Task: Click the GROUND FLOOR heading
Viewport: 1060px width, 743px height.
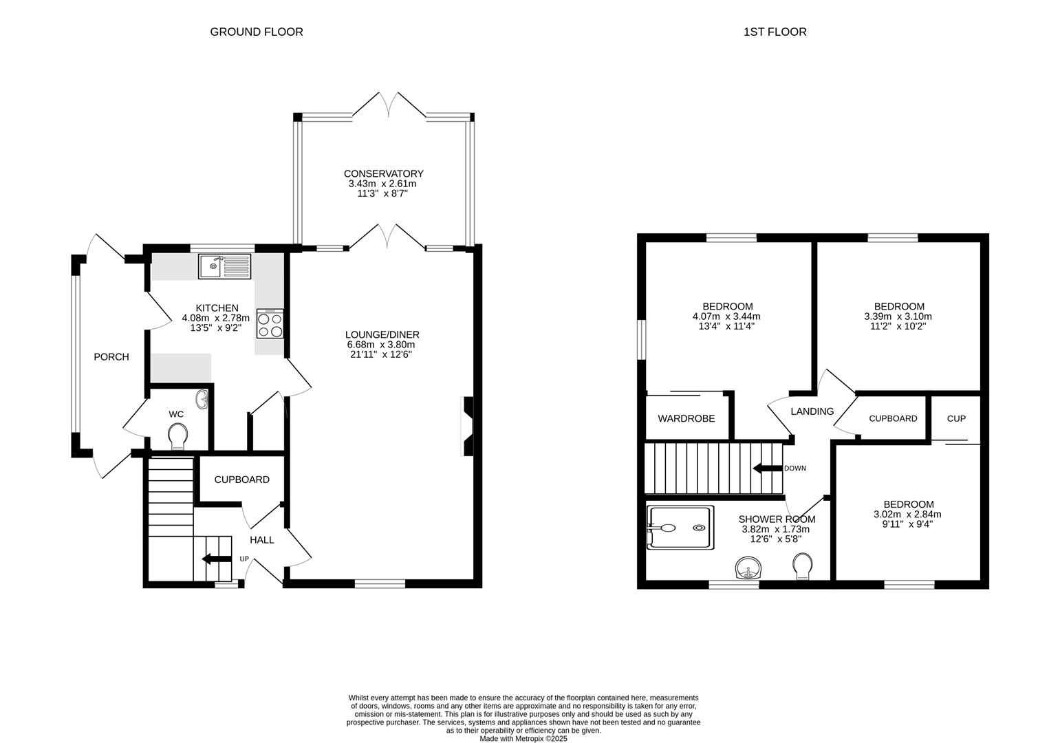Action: click(x=257, y=32)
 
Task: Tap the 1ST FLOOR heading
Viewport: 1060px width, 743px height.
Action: click(x=775, y=32)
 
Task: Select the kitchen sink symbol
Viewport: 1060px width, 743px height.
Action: click(x=224, y=266)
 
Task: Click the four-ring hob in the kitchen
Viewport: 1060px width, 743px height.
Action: click(x=270, y=324)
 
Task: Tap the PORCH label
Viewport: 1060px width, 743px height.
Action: click(x=111, y=357)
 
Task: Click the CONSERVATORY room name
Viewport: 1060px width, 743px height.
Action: click(x=383, y=173)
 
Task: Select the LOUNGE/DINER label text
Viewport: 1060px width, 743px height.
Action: click(x=382, y=334)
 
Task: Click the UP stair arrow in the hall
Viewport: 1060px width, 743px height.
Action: click(x=217, y=559)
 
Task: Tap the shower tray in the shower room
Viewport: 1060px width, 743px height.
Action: click(x=680, y=528)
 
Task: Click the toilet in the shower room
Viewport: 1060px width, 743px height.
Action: click(x=803, y=566)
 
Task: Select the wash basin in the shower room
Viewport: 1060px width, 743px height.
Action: click(x=748, y=568)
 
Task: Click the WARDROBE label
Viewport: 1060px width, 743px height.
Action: click(x=686, y=418)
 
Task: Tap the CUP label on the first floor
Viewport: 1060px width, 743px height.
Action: click(x=956, y=418)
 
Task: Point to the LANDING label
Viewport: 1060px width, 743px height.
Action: click(x=812, y=411)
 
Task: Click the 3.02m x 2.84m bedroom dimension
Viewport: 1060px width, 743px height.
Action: click(x=907, y=515)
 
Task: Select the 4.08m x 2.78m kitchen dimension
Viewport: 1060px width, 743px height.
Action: click(x=216, y=318)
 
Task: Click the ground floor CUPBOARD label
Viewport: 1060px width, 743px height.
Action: click(x=242, y=480)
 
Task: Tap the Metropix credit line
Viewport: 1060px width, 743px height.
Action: click(x=523, y=738)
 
